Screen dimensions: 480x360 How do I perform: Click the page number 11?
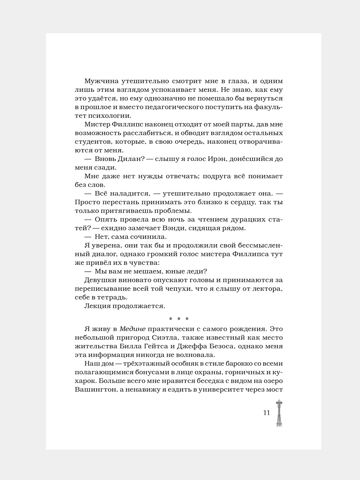click(x=266, y=413)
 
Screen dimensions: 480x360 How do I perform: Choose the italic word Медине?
click(x=133, y=329)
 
